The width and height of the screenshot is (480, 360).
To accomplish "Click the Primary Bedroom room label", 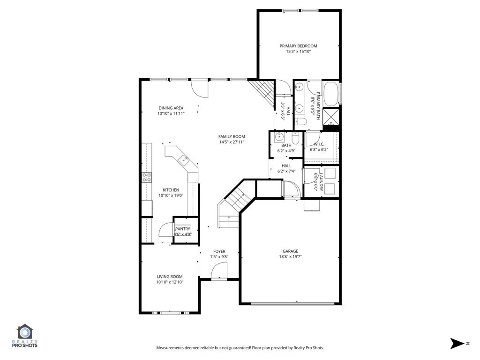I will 298,46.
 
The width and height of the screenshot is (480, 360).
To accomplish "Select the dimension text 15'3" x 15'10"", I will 298,52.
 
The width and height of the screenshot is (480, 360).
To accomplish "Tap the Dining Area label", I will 171,108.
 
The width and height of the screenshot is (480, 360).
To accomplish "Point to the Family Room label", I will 232,136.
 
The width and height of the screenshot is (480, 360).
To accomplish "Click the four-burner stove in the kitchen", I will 147,177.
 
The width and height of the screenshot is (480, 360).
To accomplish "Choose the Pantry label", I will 182,229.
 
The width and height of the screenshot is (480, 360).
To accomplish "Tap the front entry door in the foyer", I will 218,272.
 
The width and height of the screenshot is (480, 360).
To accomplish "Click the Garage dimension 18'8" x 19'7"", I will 290,256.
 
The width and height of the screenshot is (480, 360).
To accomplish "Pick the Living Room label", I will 170,277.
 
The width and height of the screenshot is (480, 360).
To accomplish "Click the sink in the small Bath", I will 279,137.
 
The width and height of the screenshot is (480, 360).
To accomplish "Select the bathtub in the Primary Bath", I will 331,94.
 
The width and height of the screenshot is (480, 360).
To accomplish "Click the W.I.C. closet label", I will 319,144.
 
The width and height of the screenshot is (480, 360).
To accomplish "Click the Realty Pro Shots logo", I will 27,336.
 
